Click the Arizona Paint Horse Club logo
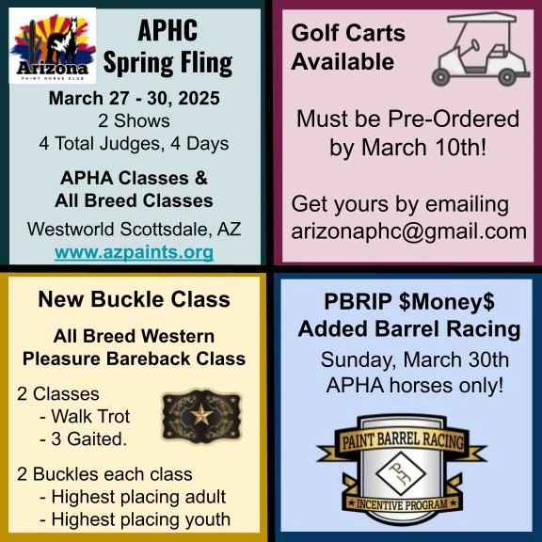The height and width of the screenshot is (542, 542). coord(53,46)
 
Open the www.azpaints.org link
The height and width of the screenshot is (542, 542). coord(134,253)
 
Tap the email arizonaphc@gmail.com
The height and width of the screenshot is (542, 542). coord(407,231)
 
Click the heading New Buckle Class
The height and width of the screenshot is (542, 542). coord(134,300)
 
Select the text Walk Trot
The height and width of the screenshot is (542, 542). coord(90,416)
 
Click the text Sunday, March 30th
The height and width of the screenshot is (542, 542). coord(414,359)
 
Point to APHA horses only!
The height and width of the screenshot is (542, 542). coord(414,384)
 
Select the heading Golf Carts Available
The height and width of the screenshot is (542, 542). coord(348,47)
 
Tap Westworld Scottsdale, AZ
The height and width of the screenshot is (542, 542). coord(134,229)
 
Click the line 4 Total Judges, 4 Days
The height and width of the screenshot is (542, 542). coord(134,144)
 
